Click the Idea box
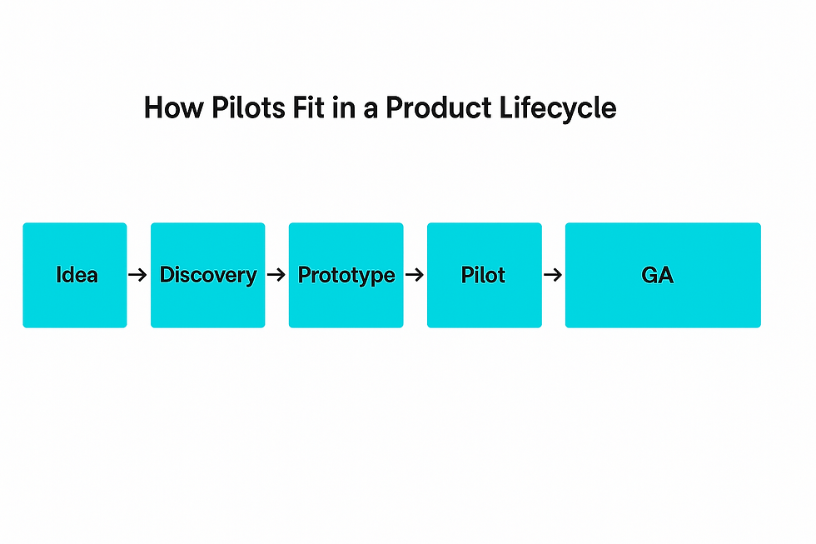click(x=75, y=276)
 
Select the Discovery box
click(x=207, y=276)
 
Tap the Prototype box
click(x=346, y=276)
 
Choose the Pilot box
click(x=485, y=276)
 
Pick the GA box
click(x=663, y=276)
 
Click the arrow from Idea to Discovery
click(x=138, y=275)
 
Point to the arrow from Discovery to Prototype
click(x=276, y=275)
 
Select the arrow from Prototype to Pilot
click(x=415, y=275)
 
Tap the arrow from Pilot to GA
click(x=553, y=275)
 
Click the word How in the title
click(x=174, y=107)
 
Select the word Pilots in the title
click(x=249, y=107)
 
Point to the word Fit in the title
click(x=307, y=107)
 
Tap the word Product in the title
click(x=439, y=107)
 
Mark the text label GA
click(x=657, y=275)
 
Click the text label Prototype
click(x=346, y=276)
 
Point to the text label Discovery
click(x=208, y=276)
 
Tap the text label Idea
click(x=77, y=275)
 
